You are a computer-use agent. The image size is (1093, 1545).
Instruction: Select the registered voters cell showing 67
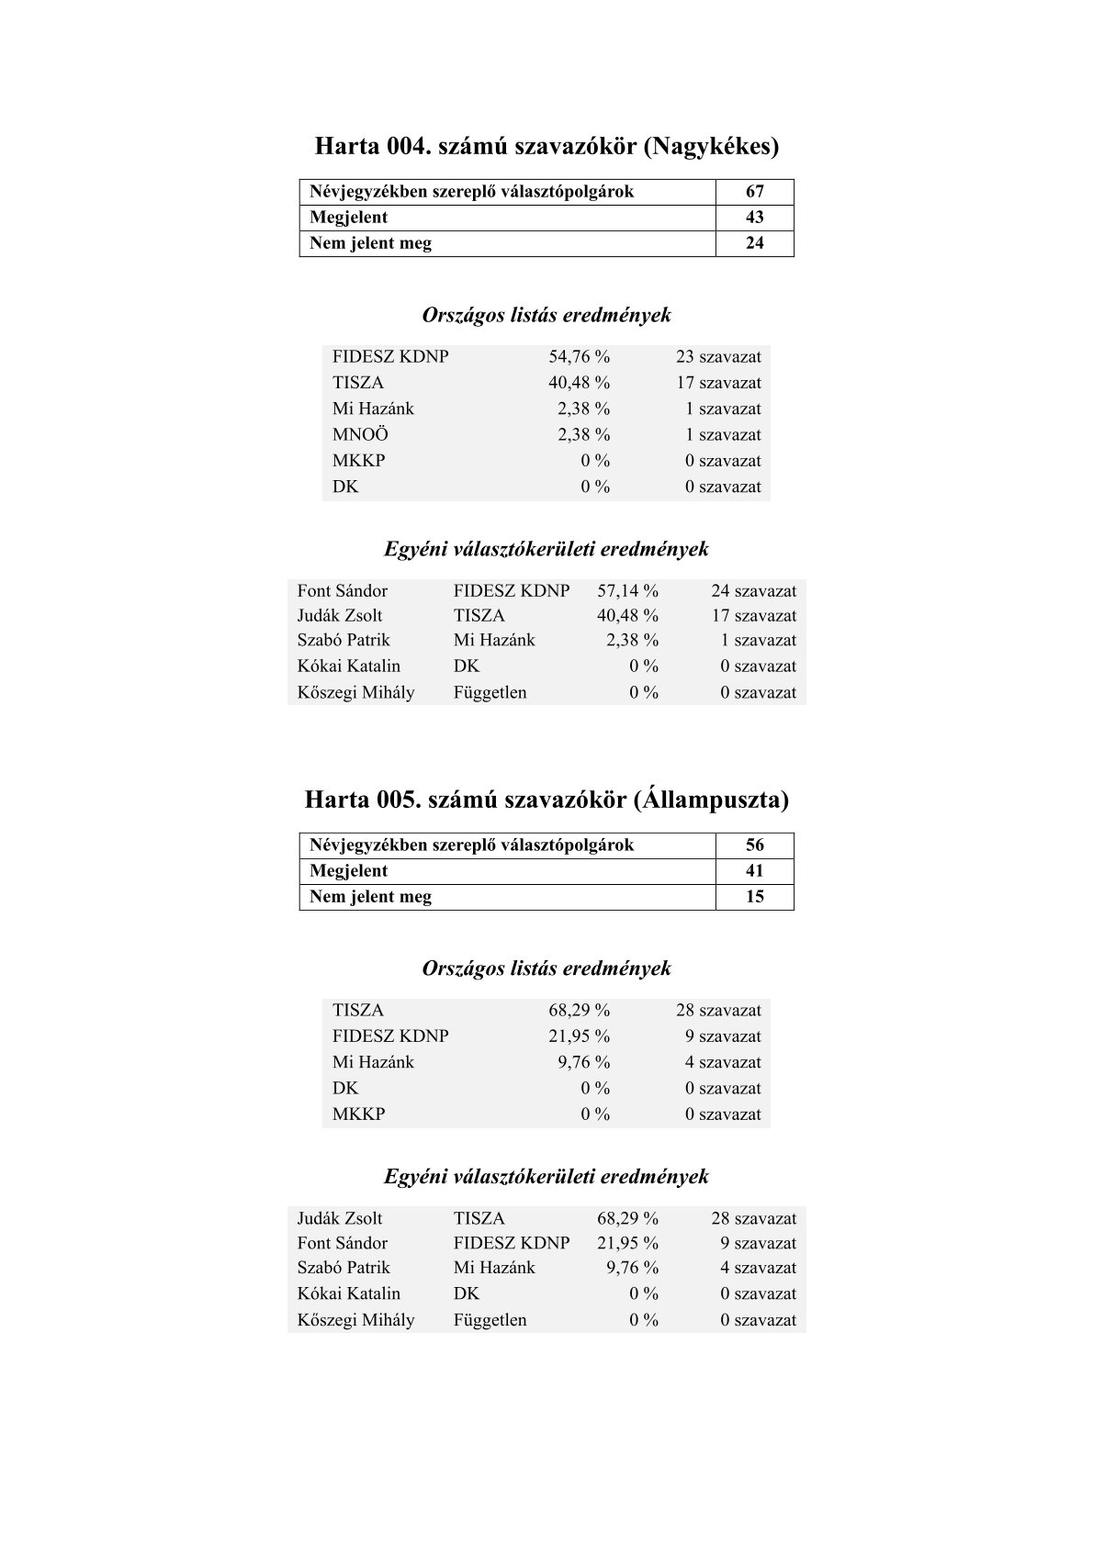click(x=754, y=192)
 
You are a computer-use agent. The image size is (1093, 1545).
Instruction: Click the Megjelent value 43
click(x=754, y=218)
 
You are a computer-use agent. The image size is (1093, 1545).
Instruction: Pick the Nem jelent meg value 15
click(x=754, y=897)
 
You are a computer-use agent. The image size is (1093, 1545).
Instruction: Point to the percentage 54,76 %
click(x=579, y=357)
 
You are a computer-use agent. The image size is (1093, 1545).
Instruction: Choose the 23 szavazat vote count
click(x=718, y=357)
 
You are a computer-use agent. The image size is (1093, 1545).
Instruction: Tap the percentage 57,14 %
click(x=627, y=591)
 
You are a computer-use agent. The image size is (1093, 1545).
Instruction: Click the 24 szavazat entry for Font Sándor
click(x=753, y=591)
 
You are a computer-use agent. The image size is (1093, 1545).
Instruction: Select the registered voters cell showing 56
click(x=754, y=845)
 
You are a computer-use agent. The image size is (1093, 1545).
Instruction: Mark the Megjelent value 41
click(x=754, y=871)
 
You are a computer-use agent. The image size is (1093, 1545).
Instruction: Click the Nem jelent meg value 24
click(x=754, y=243)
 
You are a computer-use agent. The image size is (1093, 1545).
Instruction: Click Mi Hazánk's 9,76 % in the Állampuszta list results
click(x=583, y=1062)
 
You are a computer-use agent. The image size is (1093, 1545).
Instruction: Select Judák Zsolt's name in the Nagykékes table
click(x=339, y=616)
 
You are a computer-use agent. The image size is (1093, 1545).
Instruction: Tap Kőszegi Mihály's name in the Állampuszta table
click(x=355, y=1320)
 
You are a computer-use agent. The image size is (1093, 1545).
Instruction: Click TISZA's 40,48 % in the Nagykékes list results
click(x=579, y=383)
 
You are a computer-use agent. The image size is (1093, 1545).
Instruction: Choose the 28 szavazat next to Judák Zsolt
click(x=753, y=1219)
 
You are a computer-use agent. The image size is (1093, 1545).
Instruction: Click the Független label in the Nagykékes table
click(x=490, y=692)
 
